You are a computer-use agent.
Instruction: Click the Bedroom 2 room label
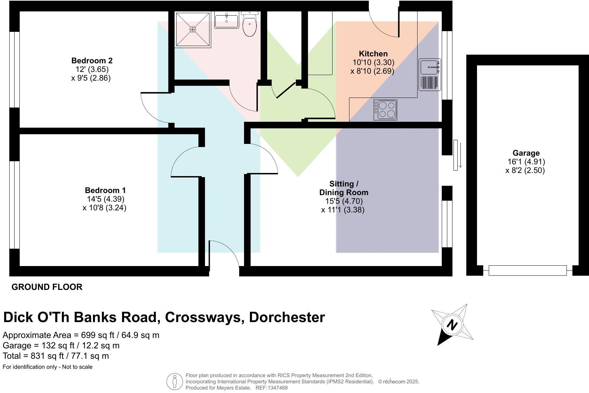coord(92,61)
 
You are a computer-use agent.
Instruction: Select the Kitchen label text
coord(373,54)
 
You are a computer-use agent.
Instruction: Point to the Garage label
coord(526,153)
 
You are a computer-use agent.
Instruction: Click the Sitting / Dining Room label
coord(344,188)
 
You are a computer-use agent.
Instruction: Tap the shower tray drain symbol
coord(193,29)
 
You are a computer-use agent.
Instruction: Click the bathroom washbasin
coord(226,21)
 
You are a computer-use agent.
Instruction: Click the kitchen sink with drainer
coord(430,74)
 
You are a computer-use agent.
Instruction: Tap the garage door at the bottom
coord(527,270)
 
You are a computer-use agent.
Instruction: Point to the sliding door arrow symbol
coord(460,155)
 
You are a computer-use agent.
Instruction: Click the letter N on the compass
coord(452,325)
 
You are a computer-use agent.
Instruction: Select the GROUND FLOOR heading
coord(47,287)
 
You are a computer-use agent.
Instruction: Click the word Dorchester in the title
coord(287,317)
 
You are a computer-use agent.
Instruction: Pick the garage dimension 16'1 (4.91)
coord(526,162)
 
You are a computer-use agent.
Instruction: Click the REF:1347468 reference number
coord(271,388)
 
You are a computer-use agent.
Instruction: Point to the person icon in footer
coord(175,382)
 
